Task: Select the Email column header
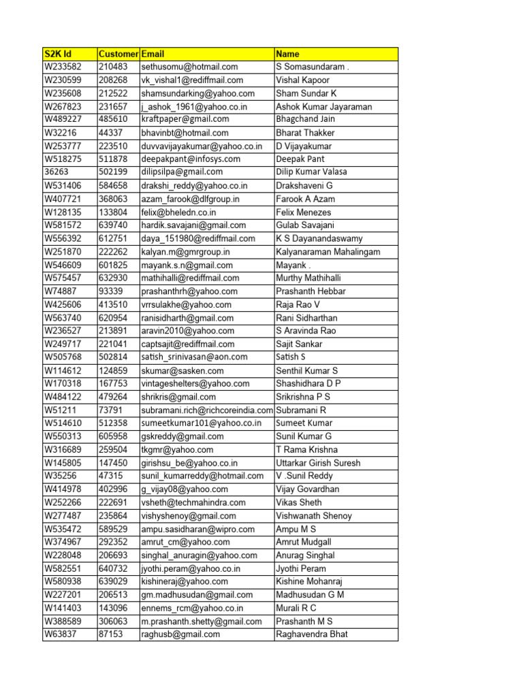153,54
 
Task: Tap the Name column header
287,54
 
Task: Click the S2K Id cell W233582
63,67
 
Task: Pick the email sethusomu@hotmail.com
189,67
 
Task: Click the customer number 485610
113,120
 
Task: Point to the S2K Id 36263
57,172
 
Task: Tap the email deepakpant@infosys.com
191,159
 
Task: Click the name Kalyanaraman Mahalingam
328,252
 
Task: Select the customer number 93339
111,291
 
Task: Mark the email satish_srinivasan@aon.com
194,357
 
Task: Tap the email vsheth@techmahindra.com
193,502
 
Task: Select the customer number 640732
113,568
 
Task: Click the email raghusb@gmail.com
180,634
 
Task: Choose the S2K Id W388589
63,621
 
